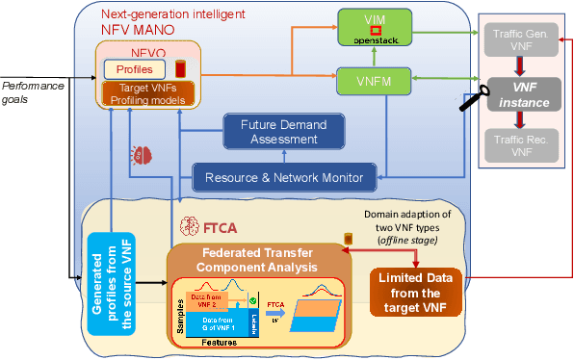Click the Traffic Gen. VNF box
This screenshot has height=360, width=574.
coord(521,38)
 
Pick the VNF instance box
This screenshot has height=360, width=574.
coord(521,92)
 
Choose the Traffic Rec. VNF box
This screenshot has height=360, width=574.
coord(521,146)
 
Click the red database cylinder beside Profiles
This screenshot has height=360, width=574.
coord(180,70)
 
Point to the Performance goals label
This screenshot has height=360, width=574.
coord(35,92)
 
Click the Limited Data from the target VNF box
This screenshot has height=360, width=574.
coord(415,292)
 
